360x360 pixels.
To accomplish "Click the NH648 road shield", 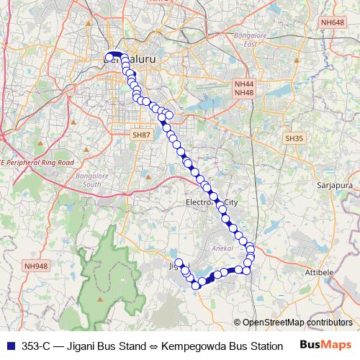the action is tap(333, 23).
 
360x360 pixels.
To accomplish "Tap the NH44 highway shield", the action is tap(244, 84).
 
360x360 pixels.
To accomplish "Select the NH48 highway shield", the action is tap(244, 93).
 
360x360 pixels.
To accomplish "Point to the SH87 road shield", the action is tap(141, 135).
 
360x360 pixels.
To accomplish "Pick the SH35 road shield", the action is tap(293, 138).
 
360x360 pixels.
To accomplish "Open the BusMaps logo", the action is tap(326, 346).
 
